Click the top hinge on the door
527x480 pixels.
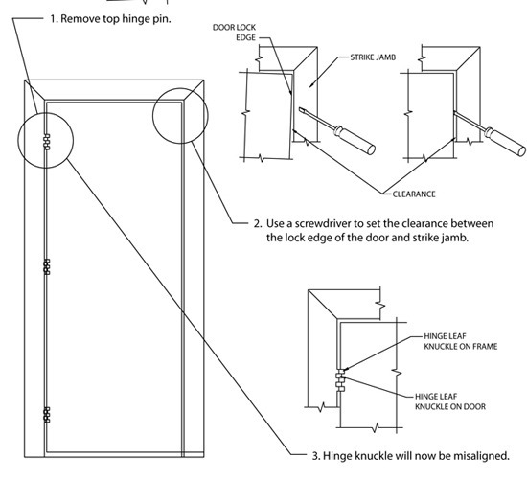45,141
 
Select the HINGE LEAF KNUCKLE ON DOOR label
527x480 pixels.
448,400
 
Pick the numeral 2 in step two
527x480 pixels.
258,222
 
